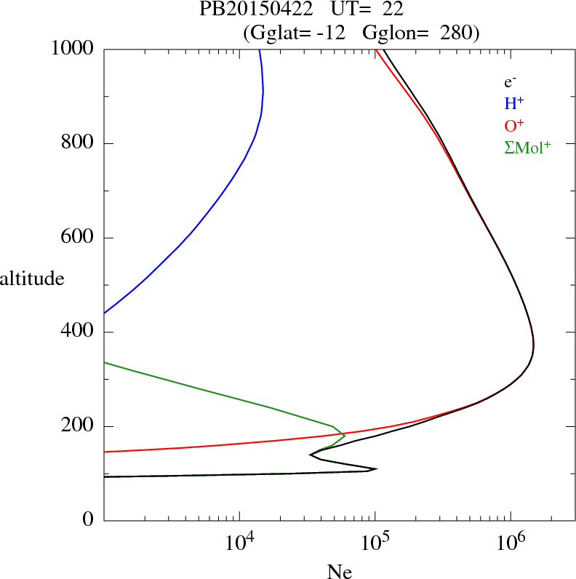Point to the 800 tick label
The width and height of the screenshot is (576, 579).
pos(78,143)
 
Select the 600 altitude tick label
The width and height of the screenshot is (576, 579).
pos(78,238)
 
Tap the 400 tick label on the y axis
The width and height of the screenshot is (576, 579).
pos(78,332)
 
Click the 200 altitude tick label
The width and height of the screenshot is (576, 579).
pos(78,427)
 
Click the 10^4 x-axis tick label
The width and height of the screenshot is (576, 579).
pos(239,543)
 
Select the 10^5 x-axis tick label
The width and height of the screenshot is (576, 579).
pos(375,543)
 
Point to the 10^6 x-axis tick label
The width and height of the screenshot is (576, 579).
pos(511,543)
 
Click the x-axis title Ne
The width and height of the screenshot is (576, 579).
pos(340,572)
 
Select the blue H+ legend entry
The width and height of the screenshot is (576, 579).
pos(513,104)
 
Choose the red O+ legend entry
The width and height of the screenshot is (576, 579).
pos(514,126)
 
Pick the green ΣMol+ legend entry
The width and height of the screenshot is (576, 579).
pos(527,148)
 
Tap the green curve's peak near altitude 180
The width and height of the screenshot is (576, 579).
pos(345,435)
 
